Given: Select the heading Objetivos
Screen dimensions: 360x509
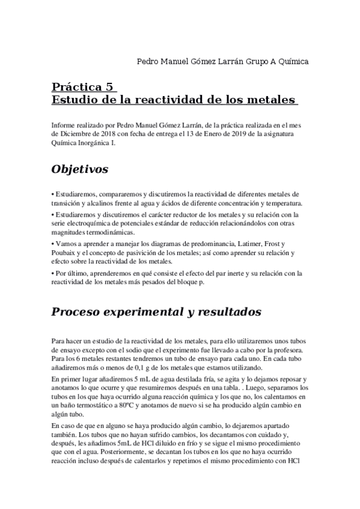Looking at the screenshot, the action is tap(80, 170).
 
